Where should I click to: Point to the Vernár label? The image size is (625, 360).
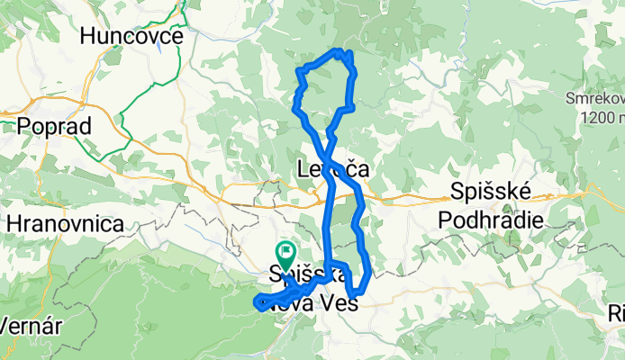click(29, 325)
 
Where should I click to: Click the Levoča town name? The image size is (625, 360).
click(334, 168)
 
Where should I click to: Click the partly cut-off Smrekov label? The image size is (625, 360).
click(595, 97)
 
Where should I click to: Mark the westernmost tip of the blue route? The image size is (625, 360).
click(256, 301)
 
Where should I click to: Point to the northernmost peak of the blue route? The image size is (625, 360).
click(337, 50)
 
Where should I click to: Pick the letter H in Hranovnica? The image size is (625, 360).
click(13, 223)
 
